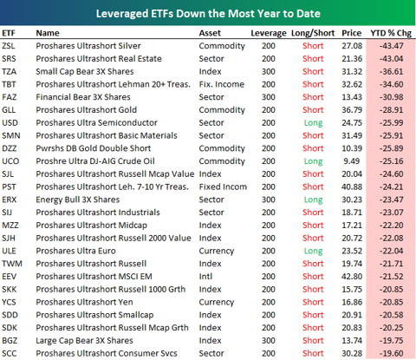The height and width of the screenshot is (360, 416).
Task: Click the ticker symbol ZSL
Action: pyautogui.click(x=9, y=46)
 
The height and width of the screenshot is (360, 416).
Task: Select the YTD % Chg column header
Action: pyautogui.click(x=391, y=33)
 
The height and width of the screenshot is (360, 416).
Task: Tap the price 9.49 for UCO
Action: pyautogui.click(x=352, y=161)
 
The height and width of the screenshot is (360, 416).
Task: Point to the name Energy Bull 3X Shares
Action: pyautogui.click(x=78, y=200)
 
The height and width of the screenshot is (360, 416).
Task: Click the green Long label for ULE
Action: pyautogui.click(x=313, y=252)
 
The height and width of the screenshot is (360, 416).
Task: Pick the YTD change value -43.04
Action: pyautogui.click(x=391, y=59)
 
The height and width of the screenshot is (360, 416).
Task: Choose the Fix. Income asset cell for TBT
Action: pyautogui.click(x=222, y=84)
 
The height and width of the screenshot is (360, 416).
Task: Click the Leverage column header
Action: pyautogui.click(x=269, y=33)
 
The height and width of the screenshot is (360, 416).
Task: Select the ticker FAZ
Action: pyautogui.click(x=10, y=97)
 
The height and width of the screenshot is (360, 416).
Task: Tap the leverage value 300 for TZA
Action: pyautogui.click(x=269, y=72)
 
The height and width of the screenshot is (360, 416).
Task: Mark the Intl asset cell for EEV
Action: pyautogui.click(x=205, y=277)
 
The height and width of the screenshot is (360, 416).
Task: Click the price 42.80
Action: pyautogui.click(x=352, y=277)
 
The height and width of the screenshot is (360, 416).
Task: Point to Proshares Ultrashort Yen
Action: pyautogui.click(x=84, y=302)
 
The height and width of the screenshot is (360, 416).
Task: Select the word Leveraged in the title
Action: pyautogui.click(x=122, y=14)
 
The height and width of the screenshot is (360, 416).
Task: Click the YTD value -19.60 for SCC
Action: pyautogui.click(x=391, y=353)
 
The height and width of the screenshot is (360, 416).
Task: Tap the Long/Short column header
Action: pyautogui.click(x=313, y=33)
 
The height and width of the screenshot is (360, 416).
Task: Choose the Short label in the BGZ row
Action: pyautogui.click(x=313, y=341)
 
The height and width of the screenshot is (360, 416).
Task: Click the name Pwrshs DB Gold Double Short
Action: pyautogui.click(x=94, y=148)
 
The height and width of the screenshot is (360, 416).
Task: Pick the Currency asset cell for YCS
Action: pyautogui.click(x=217, y=303)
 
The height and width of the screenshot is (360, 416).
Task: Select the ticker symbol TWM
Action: pyautogui.click(x=12, y=264)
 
